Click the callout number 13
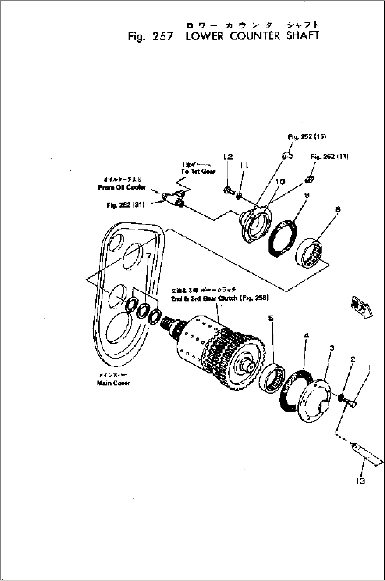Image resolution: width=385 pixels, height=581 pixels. [360, 481]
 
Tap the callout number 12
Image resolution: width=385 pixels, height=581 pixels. [229, 157]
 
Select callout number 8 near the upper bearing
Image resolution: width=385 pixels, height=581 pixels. [338, 210]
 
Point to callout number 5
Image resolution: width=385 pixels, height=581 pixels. [271, 318]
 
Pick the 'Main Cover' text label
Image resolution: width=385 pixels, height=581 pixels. [113, 383]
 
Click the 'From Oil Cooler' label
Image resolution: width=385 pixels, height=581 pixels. [122, 187]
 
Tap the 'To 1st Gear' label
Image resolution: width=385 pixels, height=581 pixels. [198, 171]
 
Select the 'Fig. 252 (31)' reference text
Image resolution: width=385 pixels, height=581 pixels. [125, 205]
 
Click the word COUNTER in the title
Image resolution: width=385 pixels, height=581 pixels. [254, 36]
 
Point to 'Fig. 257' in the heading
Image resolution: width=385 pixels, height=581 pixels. [150, 36]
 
